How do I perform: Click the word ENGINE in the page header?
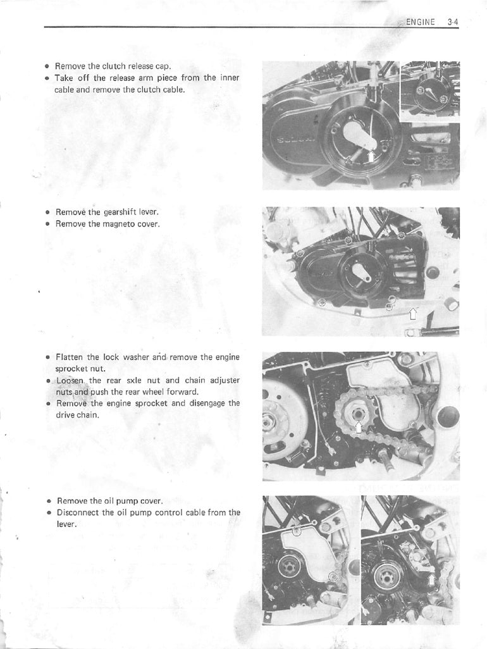coord(421,22)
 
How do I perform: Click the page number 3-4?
coord(452,22)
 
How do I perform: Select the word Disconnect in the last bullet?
coord(78,512)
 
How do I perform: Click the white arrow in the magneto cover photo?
coord(414,312)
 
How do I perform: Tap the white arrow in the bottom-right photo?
coord(432,580)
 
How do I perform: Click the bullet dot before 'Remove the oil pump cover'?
coord(49,500)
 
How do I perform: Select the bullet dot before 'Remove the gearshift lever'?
coord(48,213)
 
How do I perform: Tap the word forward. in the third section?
coord(182,392)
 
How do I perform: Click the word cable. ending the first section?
coord(174,89)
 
